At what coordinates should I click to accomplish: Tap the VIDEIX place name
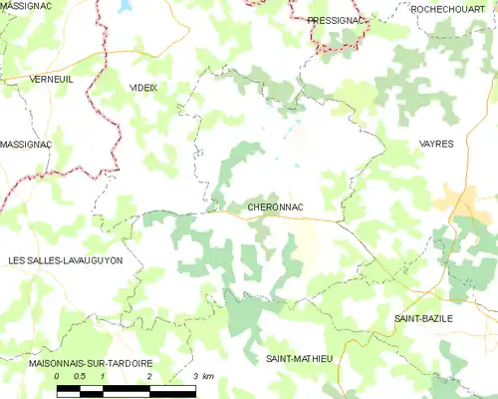pyautogui.click(x=143, y=88)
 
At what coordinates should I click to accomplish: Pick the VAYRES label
pyautogui.click(x=436, y=144)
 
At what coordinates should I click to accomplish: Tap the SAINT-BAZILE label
pyautogui.click(x=423, y=318)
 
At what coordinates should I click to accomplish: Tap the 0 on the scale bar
pyautogui.click(x=58, y=376)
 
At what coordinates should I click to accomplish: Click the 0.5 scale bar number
pyautogui.click(x=80, y=376)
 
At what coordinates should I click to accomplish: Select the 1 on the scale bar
pyautogui.click(x=103, y=376)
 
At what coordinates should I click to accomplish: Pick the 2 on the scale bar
pyautogui.click(x=148, y=376)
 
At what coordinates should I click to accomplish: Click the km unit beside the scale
pyautogui.click(x=207, y=376)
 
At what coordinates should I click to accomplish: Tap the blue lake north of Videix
pyautogui.click(x=124, y=6)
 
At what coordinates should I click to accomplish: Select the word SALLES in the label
pyautogui.click(x=44, y=260)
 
